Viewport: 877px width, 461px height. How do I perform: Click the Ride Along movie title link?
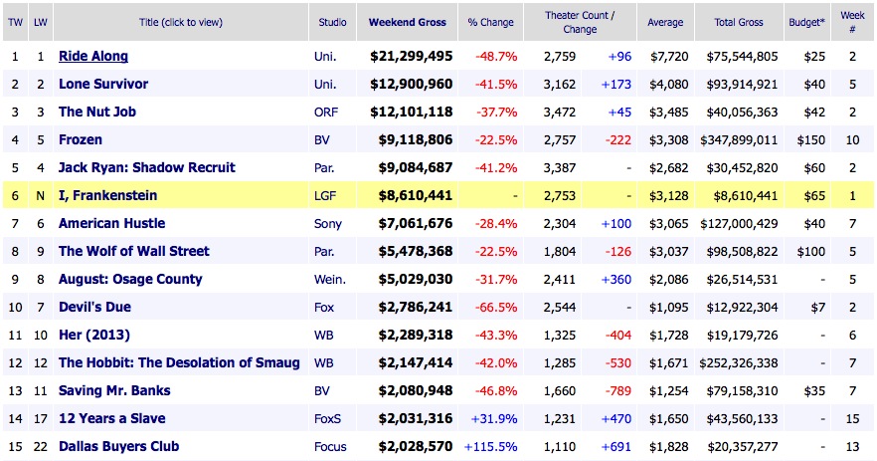(93, 57)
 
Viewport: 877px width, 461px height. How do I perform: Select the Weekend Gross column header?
(408, 22)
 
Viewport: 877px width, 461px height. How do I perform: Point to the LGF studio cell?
(326, 196)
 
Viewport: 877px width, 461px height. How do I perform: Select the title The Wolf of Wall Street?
(133, 252)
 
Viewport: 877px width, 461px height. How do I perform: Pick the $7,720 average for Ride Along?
(665, 57)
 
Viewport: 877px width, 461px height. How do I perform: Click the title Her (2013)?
(94, 336)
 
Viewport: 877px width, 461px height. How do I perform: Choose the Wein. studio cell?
(330, 280)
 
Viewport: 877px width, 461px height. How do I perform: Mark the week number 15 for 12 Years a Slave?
(852, 419)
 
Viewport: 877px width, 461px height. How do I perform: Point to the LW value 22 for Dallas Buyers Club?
(40, 447)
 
